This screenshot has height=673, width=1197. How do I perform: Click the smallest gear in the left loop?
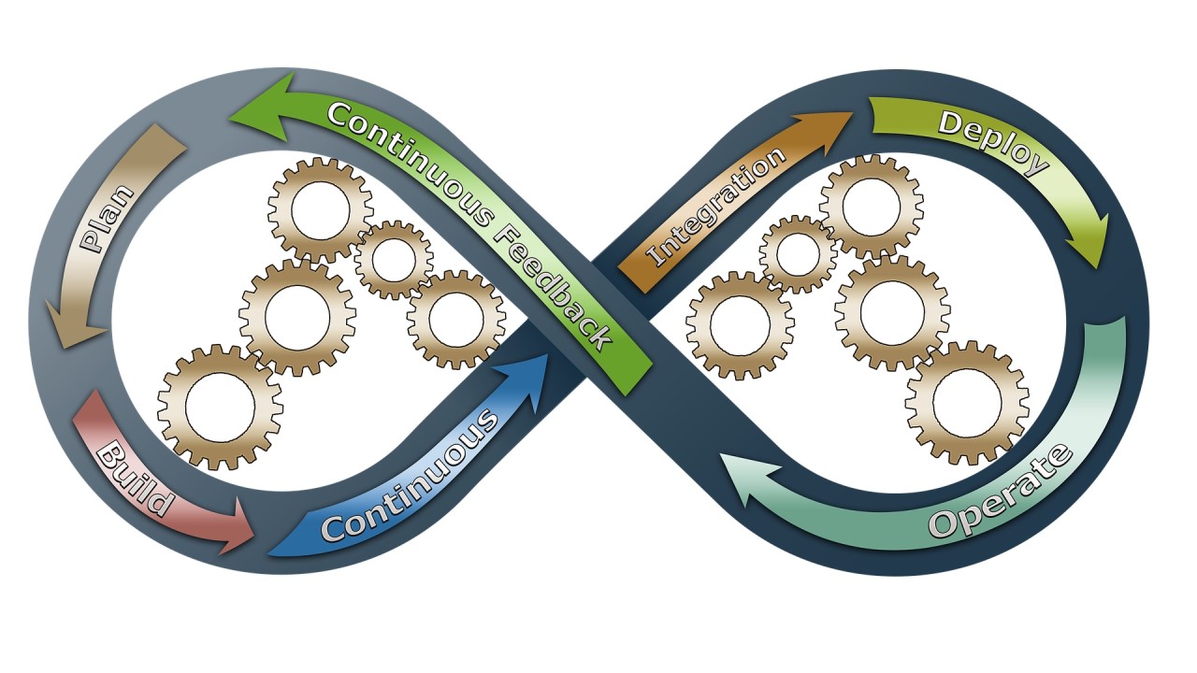(394, 260)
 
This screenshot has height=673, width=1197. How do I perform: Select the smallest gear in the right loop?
(798, 254)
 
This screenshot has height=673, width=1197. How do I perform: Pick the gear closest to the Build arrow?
(220, 407)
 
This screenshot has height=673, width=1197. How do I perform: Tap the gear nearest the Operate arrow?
(966, 402)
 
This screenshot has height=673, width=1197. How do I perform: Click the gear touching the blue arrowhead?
(455, 319)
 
